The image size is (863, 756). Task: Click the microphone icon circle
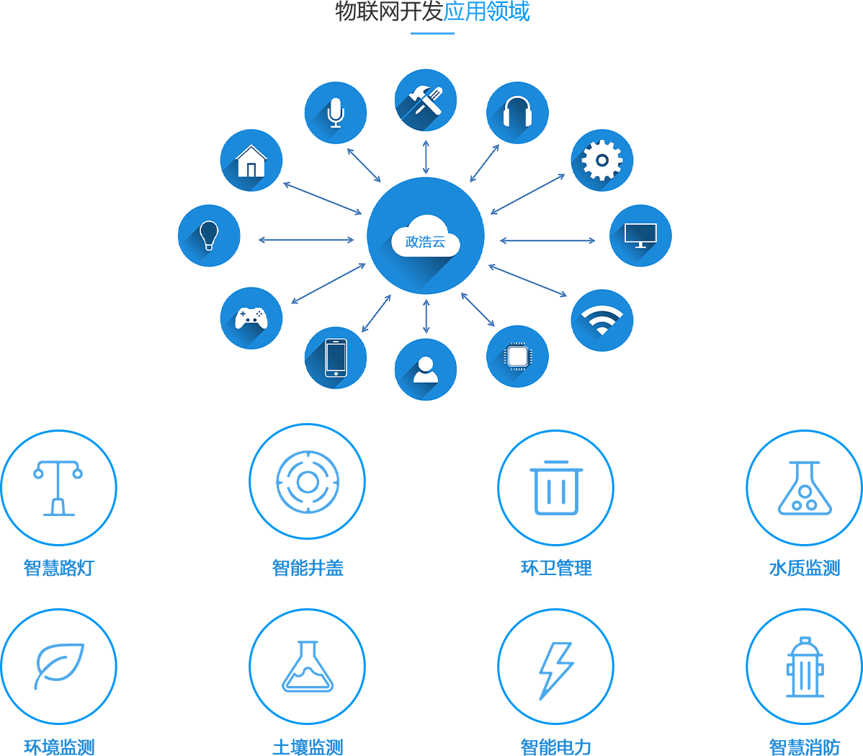336,113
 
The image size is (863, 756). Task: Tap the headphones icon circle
517,113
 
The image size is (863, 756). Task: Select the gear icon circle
602,160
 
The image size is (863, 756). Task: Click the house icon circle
251,160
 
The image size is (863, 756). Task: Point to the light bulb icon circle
209,236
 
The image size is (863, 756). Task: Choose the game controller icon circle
251,318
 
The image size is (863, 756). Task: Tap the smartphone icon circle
336,357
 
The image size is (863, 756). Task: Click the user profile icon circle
426,370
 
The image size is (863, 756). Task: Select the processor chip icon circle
517,356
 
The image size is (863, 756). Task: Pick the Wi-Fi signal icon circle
602,320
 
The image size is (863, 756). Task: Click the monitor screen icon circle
640,236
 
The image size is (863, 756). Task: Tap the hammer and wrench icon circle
426,100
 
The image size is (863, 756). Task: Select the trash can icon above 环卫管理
556,488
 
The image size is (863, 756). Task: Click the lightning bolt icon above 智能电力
556,668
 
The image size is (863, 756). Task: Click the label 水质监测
805,568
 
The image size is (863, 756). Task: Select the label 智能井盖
308,568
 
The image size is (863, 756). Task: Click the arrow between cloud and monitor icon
547,240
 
